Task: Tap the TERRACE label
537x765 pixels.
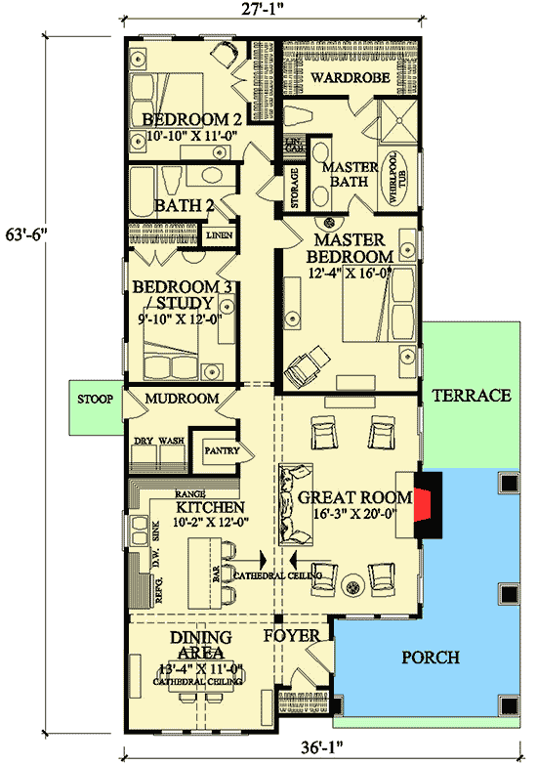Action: tap(473, 396)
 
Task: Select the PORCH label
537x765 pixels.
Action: tap(431, 658)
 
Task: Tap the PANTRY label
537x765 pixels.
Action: tap(218, 452)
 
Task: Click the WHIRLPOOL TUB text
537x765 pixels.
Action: tap(395, 177)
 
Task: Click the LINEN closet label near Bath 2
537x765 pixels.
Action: tap(216, 235)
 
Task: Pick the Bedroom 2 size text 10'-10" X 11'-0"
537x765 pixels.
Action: tap(186, 138)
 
